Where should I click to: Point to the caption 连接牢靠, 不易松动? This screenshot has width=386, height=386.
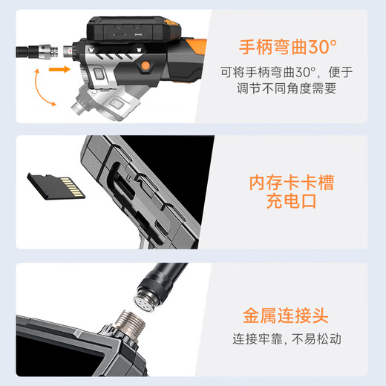[287, 340]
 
